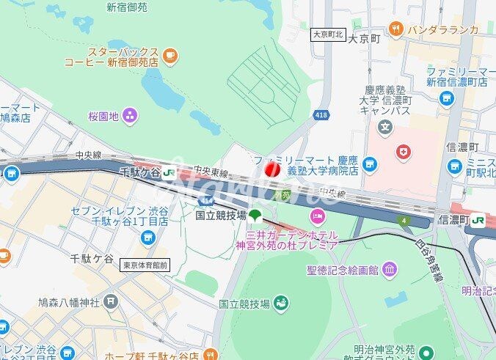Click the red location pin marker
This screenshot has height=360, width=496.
tap(271, 170)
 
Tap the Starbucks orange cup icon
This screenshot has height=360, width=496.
tap(170, 54)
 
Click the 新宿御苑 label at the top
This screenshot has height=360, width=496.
tap(126, 7)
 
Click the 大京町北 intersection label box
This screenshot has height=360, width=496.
tap(328, 34)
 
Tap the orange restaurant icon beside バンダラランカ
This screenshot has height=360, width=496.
tap(396, 29)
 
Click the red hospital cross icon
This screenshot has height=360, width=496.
tap(402, 152)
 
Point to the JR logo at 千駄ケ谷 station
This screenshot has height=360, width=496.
tap(169, 172)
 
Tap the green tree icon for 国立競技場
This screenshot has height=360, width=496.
tap(255, 215)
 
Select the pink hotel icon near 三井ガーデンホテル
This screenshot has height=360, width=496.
tap(317, 216)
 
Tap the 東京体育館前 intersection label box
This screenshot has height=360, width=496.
tap(145, 265)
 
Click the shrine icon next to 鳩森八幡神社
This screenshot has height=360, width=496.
tap(110, 301)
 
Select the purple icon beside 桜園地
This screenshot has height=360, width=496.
tap(130, 115)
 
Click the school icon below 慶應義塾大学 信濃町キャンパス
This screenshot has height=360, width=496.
tap(385, 128)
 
